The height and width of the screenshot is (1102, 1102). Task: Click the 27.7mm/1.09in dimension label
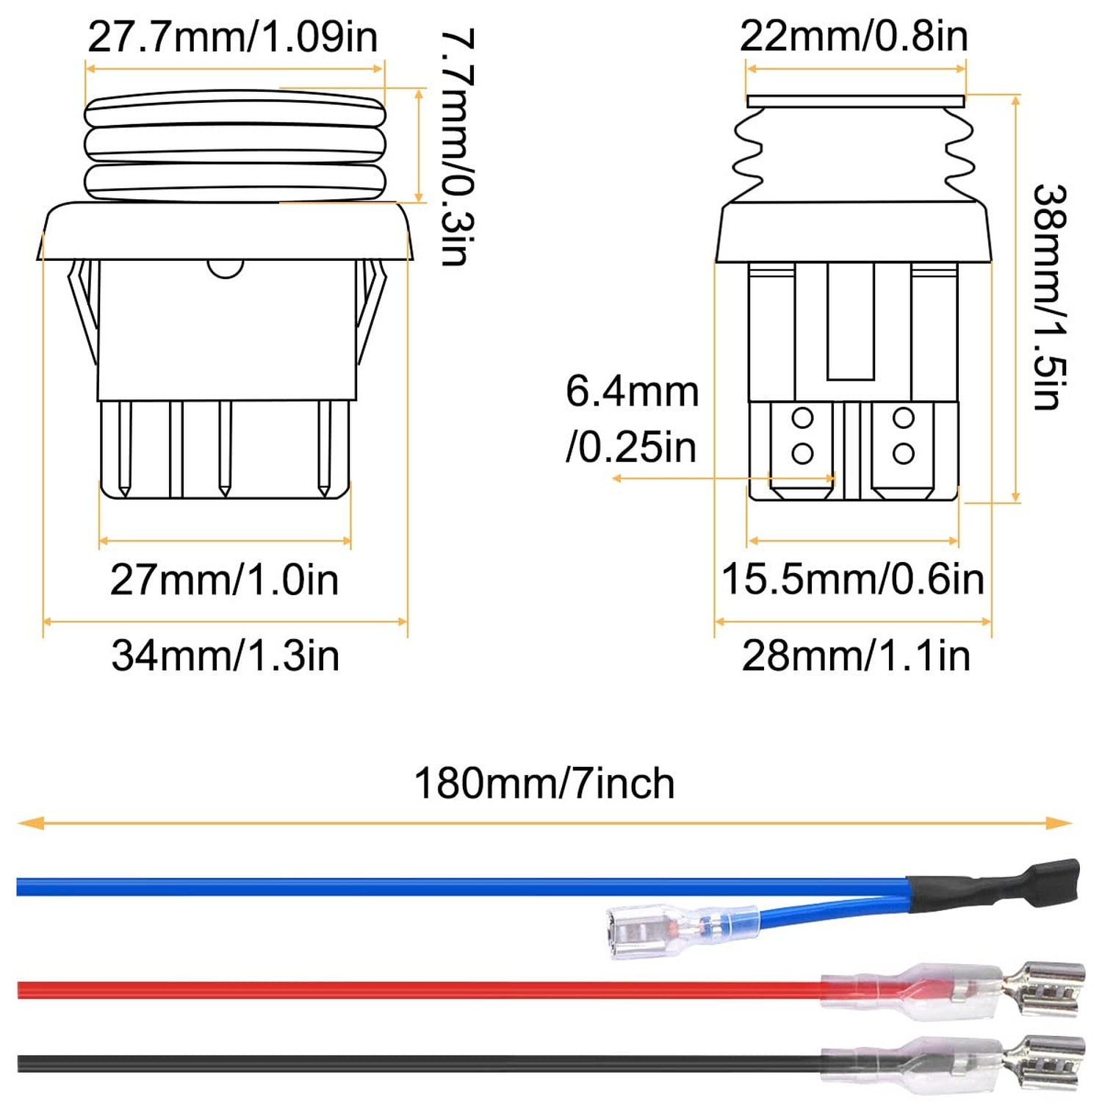pos(233,37)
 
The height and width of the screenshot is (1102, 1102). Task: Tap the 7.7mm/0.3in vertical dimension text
pos(457,147)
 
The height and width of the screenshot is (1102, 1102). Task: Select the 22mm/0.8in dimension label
pos(854,36)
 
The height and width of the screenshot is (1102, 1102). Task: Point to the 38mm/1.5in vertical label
pos(1048,298)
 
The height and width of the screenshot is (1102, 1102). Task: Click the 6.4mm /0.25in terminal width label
pos(632,419)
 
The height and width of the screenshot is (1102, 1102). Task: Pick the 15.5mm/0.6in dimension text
pos(853,579)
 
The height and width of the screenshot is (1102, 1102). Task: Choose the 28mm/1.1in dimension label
pos(856,655)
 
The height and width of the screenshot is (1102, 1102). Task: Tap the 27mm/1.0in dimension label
pos(224,580)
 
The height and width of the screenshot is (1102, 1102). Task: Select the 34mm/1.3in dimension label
pos(226,655)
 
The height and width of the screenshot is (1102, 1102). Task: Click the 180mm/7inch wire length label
pos(544,783)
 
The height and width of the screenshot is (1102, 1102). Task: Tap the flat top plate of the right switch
pos(855,101)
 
